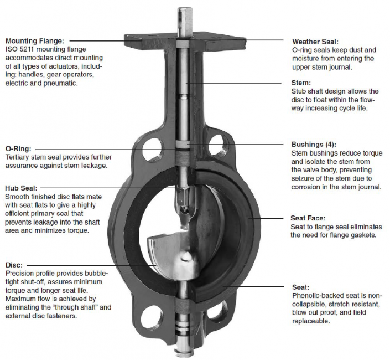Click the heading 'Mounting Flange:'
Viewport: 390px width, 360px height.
point(35,40)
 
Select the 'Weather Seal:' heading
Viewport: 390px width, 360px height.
point(315,42)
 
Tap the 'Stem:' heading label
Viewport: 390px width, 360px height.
point(301,83)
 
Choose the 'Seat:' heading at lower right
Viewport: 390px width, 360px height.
point(301,287)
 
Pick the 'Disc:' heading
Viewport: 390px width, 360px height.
point(14,265)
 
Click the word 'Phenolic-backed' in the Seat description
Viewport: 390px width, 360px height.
point(318,296)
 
